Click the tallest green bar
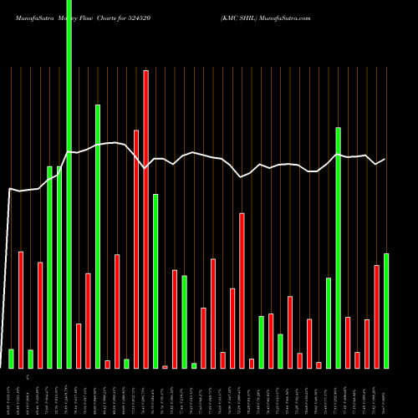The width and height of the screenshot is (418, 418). pos(69,184)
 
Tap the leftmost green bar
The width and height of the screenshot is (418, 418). pos(11,359)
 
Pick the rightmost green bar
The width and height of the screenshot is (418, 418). pos(385,310)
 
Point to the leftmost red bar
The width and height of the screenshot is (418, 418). pos(21,309)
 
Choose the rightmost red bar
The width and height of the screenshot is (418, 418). pos(376,316)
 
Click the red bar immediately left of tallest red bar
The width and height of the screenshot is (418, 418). pos(136,249)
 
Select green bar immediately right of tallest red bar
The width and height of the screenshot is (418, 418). pos(155,281)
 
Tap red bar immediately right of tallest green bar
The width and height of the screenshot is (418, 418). pos(79,345)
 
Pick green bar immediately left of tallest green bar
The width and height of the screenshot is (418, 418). pos(59,268)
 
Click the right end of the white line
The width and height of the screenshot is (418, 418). pos(385,159)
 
